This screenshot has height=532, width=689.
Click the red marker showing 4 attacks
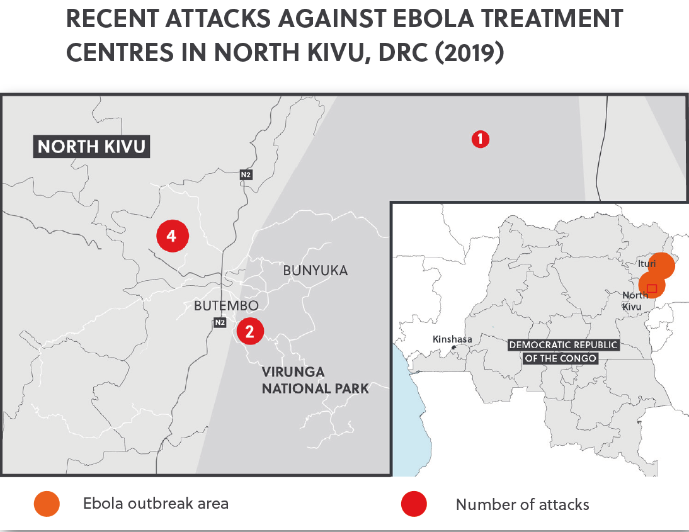click(172, 236)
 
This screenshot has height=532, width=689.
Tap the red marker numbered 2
click(250, 332)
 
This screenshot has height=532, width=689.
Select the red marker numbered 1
click(481, 139)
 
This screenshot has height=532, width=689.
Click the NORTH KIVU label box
click(91, 147)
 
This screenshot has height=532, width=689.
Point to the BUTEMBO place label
click(226, 306)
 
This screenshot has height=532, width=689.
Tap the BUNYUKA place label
click(315, 271)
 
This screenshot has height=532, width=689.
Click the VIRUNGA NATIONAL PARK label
click(315, 380)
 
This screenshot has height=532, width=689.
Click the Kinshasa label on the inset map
click(452, 339)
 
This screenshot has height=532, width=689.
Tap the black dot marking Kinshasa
click(453, 348)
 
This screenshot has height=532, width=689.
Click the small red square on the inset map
click(652, 288)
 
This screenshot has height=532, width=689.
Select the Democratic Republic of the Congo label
click(563, 351)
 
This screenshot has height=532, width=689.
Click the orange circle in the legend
click(47, 504)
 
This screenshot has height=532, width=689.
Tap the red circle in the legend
click(414, 504)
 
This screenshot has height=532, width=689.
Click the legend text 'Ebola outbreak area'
click(156, 504)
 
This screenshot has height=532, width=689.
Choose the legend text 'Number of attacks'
click(522, 504)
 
